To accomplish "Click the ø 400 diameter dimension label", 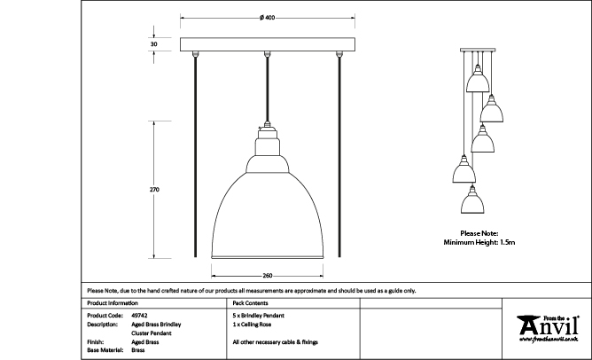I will (268, 17).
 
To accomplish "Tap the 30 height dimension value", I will (154, 43).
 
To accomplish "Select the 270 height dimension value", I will (154, 190).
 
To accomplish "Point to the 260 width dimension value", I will (268, 274).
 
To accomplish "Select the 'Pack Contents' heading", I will (249, 302).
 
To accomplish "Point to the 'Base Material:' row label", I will (105, 350).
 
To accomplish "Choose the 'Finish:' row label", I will (97, 341).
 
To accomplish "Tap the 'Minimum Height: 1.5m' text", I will (479, 241).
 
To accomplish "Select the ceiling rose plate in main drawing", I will (268, 44).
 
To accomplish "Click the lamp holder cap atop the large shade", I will (268, 141).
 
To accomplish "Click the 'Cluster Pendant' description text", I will (152, 333).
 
